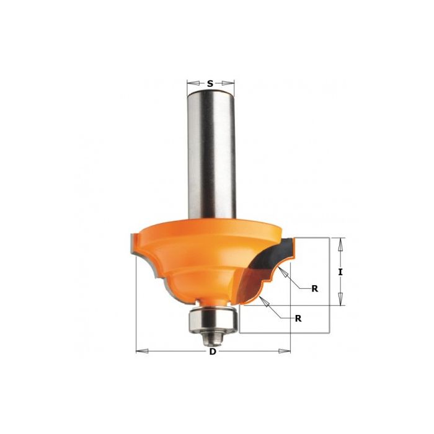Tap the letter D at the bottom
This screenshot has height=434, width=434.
pyautogui.click(x=213, y=352)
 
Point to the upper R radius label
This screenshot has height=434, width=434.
pyautogui.click(x=315, y=288)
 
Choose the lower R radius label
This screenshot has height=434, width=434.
pyautogui.click(x=299, y=318)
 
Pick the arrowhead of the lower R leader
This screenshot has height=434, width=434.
pyautogui.click(x=262, y=298)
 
